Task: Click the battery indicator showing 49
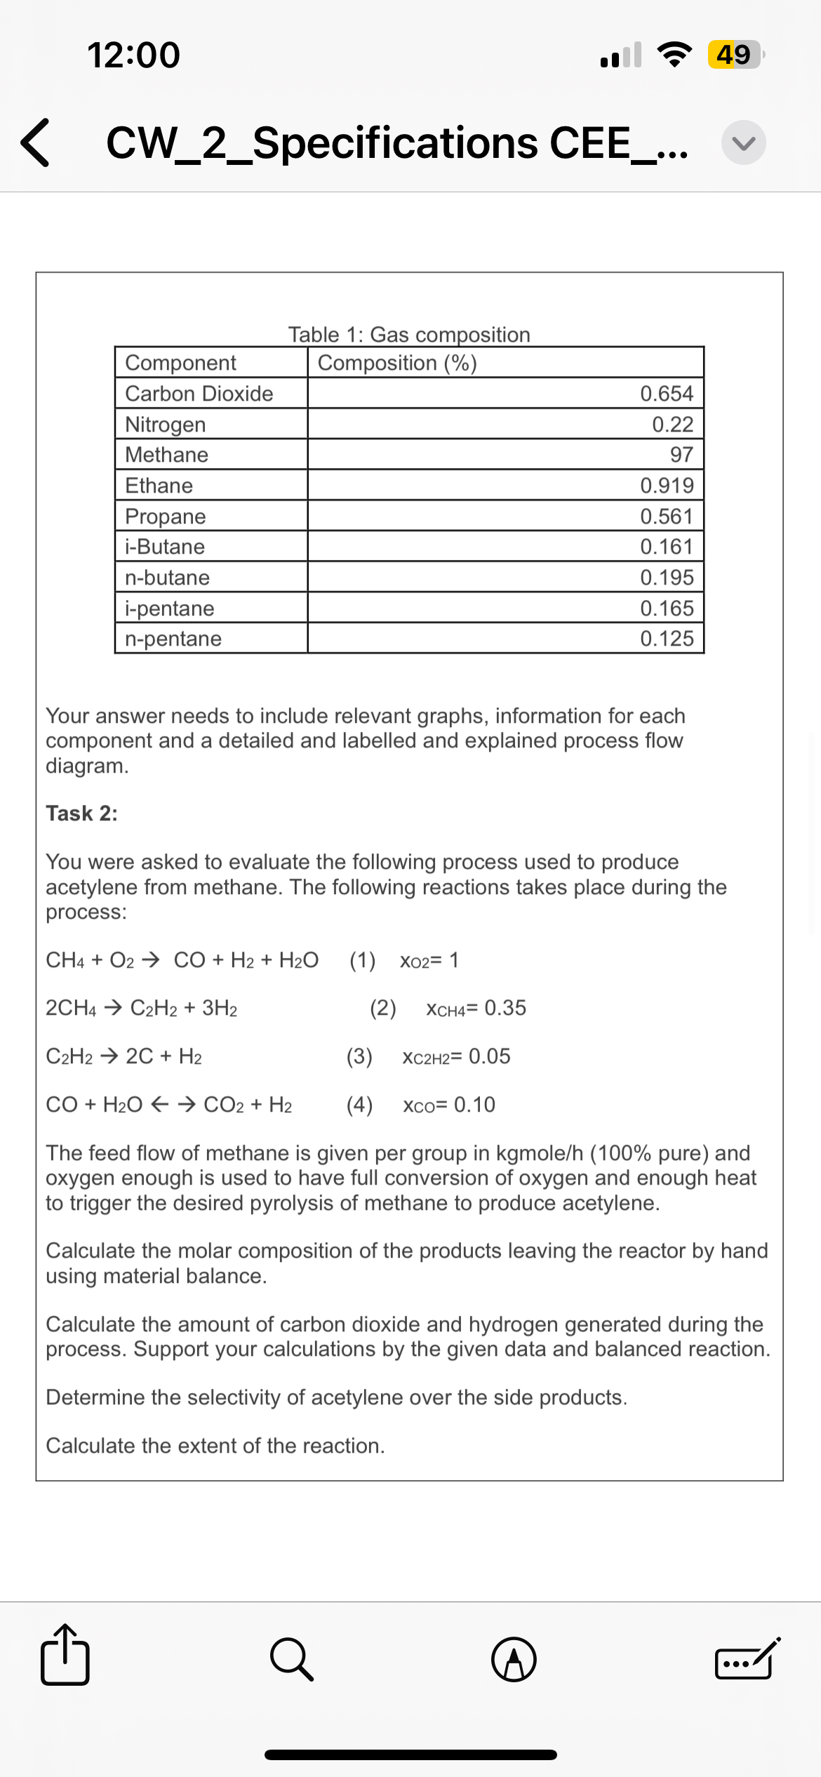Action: click(x=734, y=55)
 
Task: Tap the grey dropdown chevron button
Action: click(x=743, y=142)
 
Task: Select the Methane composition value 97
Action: click(x=681, y=455)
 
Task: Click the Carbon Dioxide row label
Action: click(x=199, y=394)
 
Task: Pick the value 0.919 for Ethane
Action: click(x=667, y=486)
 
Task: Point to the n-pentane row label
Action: click(x=173, y=639)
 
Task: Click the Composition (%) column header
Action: click(x=397, y=363)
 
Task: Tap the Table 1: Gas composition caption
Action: click(x=409, y=334)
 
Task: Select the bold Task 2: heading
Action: click(x=81, y=813)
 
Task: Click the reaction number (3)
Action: click(x=359, y=1056)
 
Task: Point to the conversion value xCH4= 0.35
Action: click(x=476, y=1009)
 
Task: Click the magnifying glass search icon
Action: click(x=291, y=1660)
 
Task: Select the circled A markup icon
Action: click(x=514, y=1660)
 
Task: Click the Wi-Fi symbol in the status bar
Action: click(x=674, y=55)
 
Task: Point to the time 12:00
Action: click(x=133, y=55)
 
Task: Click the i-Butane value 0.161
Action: click(x=667, y=547)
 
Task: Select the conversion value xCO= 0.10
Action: click(x=449, y=1105)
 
